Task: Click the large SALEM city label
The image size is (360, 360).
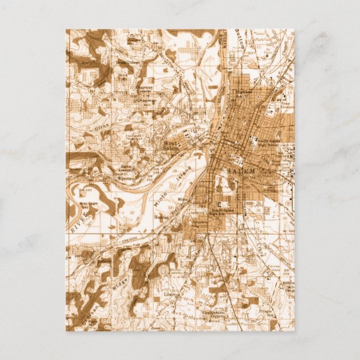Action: (x=241, y=170)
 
